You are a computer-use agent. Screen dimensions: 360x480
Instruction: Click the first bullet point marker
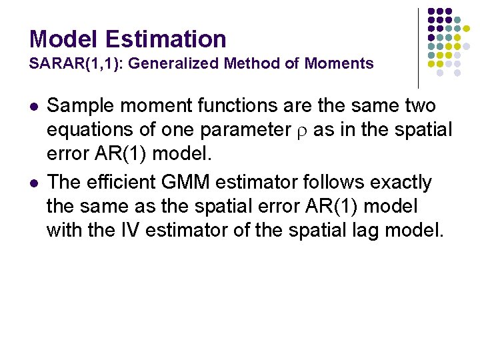pos(35,106)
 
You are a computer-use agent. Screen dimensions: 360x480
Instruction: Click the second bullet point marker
pos(35,183)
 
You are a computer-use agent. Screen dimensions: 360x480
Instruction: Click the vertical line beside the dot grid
pos(418,47)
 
